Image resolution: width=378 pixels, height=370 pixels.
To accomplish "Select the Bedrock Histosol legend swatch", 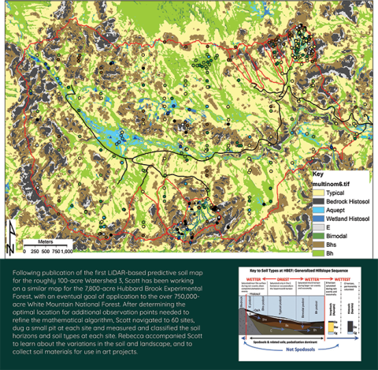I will tap(313, 200).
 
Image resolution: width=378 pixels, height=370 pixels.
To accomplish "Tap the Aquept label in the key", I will tap(332, 211).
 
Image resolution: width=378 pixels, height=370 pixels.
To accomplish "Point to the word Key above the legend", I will tap(317, 173).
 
